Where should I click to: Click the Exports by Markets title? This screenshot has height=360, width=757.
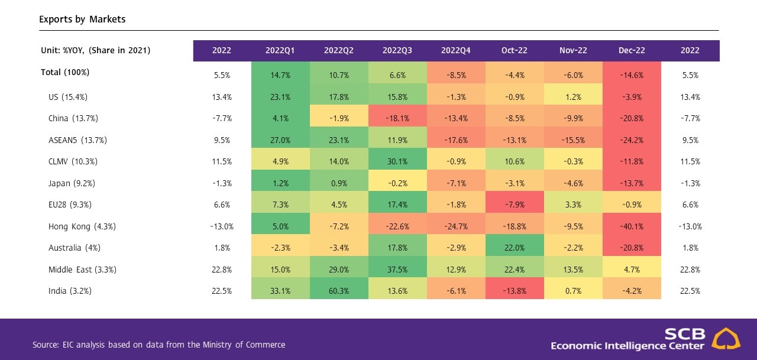[x=82, y=20]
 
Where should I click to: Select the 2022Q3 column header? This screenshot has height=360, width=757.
[x=397, y=51]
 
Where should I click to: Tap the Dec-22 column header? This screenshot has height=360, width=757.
[x=632, y=51]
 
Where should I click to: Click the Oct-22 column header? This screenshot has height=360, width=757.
[x=515, y=51]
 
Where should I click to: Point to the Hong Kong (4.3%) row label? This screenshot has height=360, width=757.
[x=82, y=226]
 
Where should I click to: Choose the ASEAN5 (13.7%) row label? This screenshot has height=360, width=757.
[x=77, y=140]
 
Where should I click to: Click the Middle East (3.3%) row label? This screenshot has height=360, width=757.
[x=82, y=270]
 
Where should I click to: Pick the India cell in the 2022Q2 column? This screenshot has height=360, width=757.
[x=339, y=291]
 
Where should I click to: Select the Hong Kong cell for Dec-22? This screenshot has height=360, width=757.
[x=632, y=226]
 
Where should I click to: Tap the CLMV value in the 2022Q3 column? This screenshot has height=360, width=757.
[x=397, y=162]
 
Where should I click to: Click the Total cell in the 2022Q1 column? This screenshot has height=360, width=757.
[x=280, y=75]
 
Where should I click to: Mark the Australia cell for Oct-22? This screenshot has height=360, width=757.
[x=515, y=248]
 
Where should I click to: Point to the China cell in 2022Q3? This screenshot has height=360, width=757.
[x=397, y=118]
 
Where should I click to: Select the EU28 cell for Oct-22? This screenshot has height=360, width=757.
[x=515, y=205]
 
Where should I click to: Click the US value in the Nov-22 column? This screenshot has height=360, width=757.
[x=573, y=97]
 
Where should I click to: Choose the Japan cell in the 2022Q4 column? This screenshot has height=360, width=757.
[x=456, y=183]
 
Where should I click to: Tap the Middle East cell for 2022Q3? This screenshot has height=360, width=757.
[x=397, y=270]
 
